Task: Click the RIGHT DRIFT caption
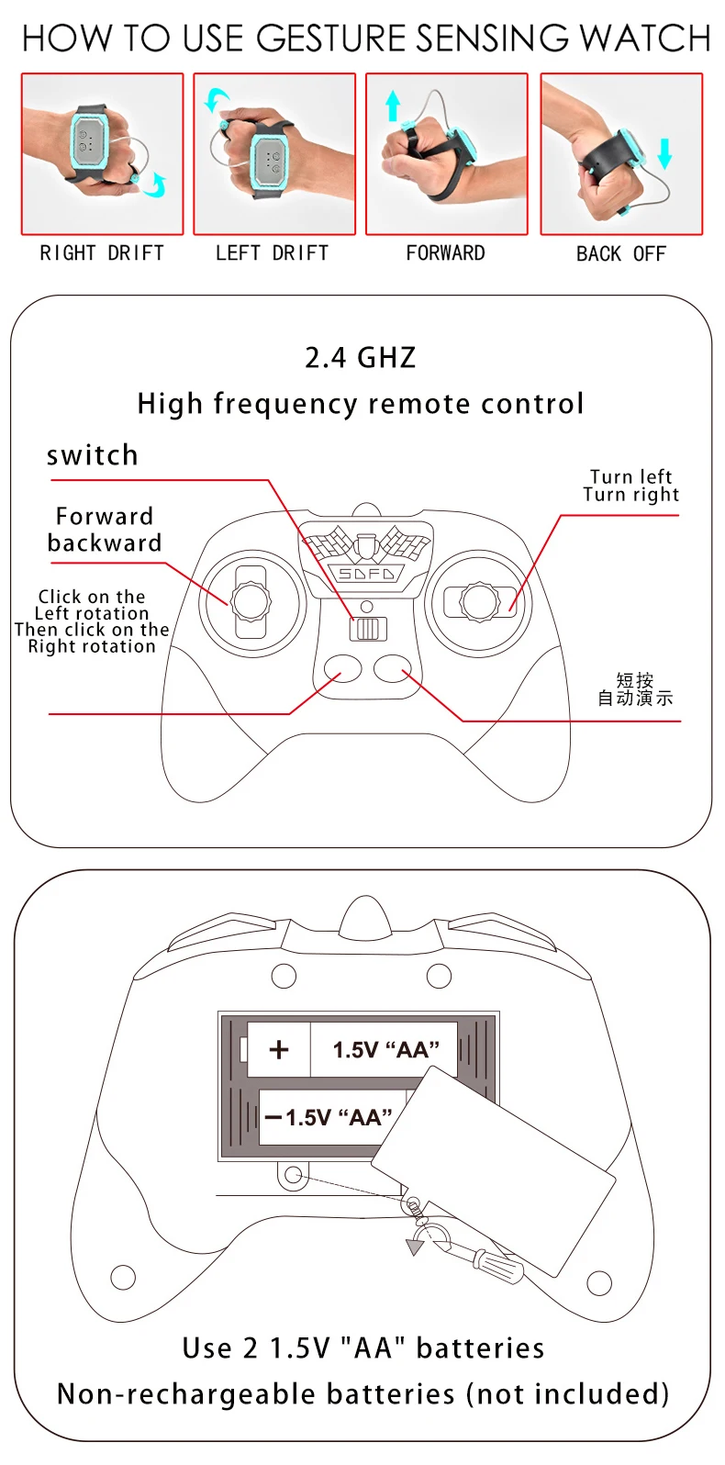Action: pyautogui.click(x=102, y=253)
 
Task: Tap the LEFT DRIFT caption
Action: pyautogui.click(x=272, y=253)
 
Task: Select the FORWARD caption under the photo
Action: pyautogui.click(x=445, y=253)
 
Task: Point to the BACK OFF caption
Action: pyautogui.click(x=620, y=254)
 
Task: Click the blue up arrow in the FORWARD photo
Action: pyautogui.click(x=393, y=106)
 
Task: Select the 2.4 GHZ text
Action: pyautogui.click(x=361, y=357)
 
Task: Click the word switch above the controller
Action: pyautogui.click(x=92, y=455)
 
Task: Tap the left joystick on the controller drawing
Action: pyautogui.click(x=251, y=602)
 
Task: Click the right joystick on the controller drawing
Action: pyautogui.click(x=479, y=602)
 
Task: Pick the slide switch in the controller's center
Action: pyautogui.click(x=367, y=629)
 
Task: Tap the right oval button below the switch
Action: pyautogui.click(x=393, y=669)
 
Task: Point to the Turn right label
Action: pyautogui.click(x=631, y=495)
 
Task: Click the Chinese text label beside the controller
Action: pyautogui.click(x=635, y=688)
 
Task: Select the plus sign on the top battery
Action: pyautogui.click(x=279, y=1049)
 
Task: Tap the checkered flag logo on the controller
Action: pyautogui.click(x=366, y=546)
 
